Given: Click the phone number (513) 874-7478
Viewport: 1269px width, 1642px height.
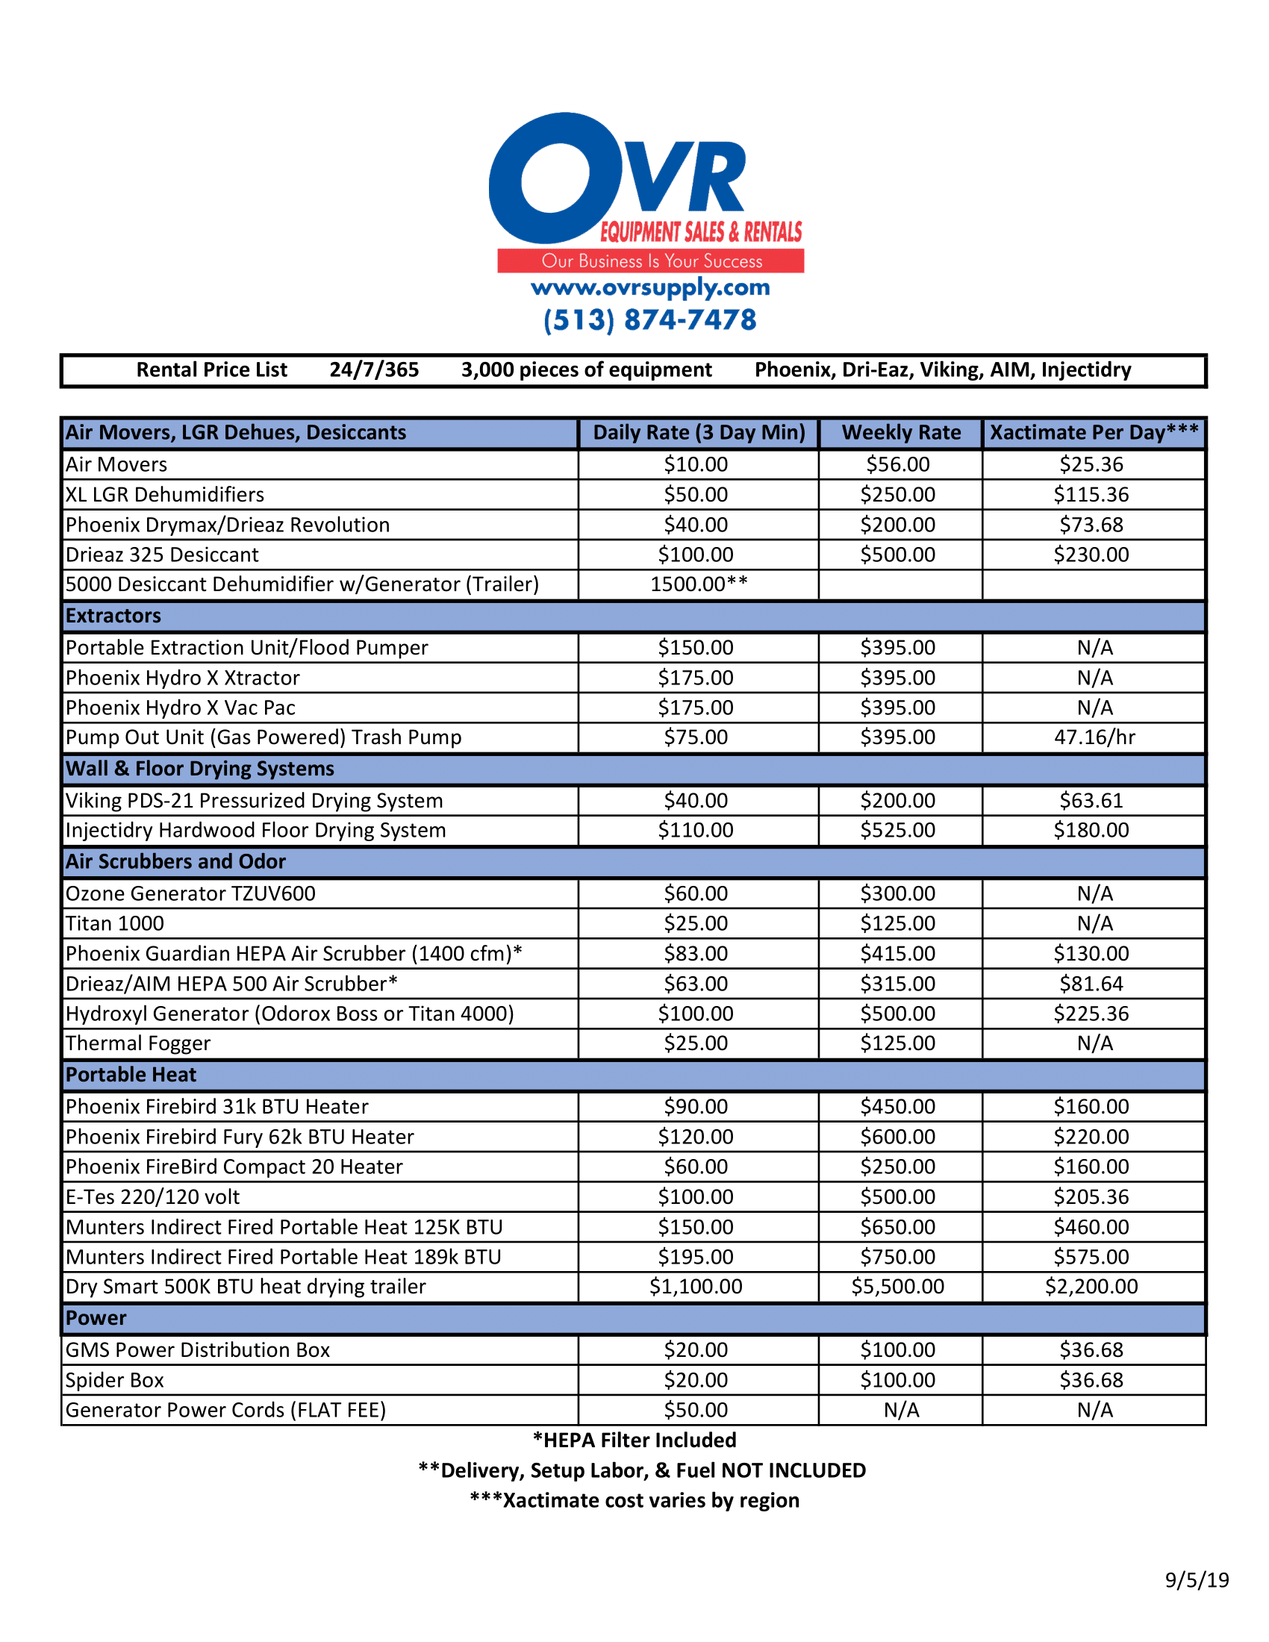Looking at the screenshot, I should pyautogui.click(x=649, y=320).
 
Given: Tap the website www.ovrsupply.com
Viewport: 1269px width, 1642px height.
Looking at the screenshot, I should pyautogui.click(x=650, y=287).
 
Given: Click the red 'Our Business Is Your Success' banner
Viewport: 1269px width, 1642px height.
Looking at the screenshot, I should pyautogui.click(x=651, y=261).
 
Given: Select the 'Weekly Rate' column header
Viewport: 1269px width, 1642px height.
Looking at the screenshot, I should pyautogui.click(x=901, y=432).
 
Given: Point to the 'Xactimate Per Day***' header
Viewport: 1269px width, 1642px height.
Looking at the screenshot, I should pyautogui.click(x=1094, y=432).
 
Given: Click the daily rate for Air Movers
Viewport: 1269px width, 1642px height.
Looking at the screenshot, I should pyautogui.click(x=696, y=465).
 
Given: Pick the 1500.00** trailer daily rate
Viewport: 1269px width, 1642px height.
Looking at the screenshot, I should pyautogui.click(x=699, y=584).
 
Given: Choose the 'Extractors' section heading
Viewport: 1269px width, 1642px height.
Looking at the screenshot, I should pyautogui.click(x=113, y=616).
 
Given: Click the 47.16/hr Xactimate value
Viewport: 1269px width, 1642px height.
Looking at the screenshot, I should pyautogui.click(x=1094, y=737).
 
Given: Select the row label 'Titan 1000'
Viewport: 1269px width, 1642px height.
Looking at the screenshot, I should pyautogui.click(x=115, y=923).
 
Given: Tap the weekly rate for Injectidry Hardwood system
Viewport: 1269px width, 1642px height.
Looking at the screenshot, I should pyautogui.click(x=897, y=830).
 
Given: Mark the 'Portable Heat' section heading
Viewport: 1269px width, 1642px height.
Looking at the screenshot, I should pyautogui.click(x=131, y=1075).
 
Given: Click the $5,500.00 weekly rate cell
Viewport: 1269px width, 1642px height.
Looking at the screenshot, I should pyautogui.click(x=897, y=1287).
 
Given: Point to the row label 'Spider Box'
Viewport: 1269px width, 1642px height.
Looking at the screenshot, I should pyautogui.click(x=115, y=1380).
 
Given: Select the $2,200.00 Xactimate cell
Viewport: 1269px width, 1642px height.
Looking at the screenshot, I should pyautogui.click(x=1091, y=1287).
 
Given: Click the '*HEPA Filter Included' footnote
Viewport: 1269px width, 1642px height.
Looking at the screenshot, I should pyautogui.click(x=634, y=1440).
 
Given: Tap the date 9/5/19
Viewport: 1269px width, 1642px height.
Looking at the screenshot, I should pyautogui.click(x=1197, y=1580).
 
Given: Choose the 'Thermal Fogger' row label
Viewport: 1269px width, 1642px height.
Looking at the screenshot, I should pyautogui.click(x=138, y=1043).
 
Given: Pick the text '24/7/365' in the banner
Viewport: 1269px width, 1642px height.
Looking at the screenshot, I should pyautogui.click(x=374, y=370).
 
